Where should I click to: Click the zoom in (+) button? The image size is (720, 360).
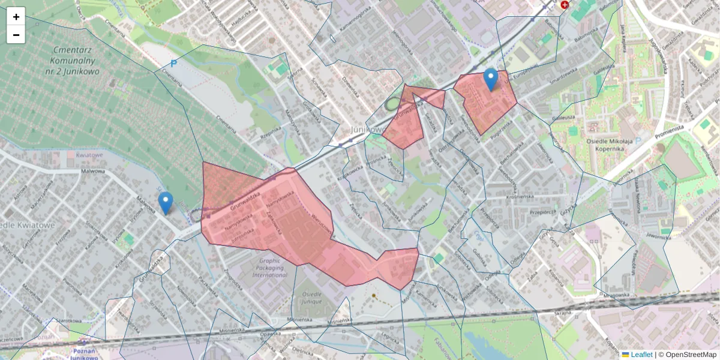[x=16, y=17]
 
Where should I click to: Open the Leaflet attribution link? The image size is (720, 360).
[x=640, y=355]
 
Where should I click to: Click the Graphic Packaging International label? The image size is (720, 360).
[x=270, y=269]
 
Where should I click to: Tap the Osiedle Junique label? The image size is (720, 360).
[x=316, y=298]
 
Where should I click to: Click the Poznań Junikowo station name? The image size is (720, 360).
[x=84, y=354]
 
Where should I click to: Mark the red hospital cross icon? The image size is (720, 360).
[x=564, y=5]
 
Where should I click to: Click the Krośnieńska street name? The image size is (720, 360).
[x=503, y=196]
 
